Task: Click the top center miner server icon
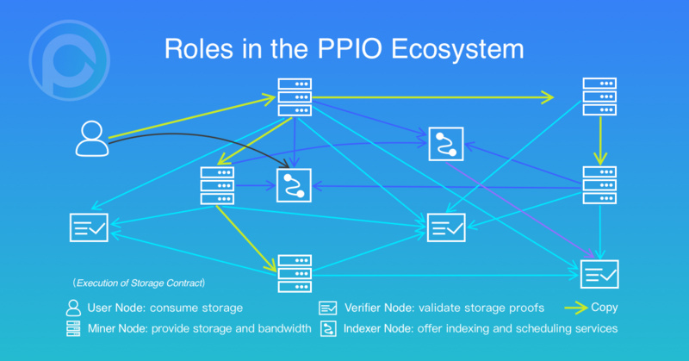point(295,97)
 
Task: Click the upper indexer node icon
point(446,143)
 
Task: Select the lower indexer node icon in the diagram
point(292,185)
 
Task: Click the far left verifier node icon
point(88,227)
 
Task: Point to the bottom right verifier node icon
point(599,273)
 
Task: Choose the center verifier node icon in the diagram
point(446,227)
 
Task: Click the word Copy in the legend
point(605,308)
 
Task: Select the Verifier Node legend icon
point(327,308)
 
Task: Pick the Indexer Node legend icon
point(327,328)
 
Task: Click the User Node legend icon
point(73,308)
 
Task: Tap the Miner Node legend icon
point(73,328)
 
